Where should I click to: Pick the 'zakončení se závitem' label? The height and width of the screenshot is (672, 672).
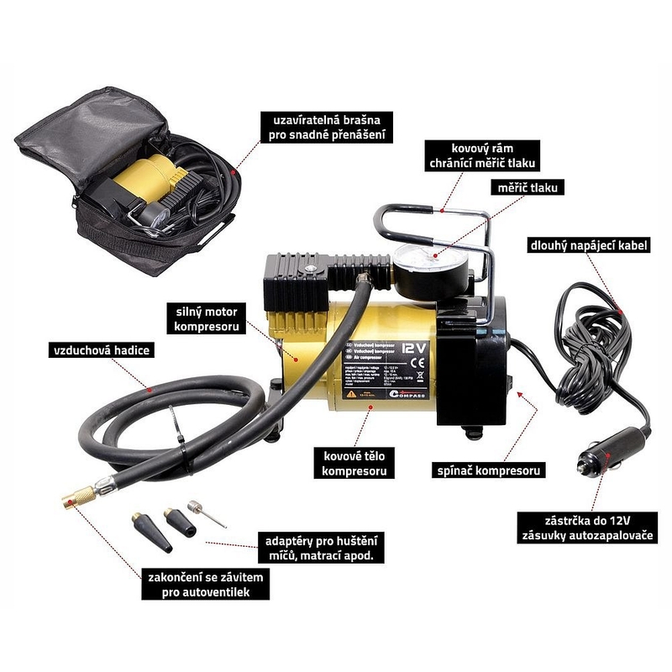197,585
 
